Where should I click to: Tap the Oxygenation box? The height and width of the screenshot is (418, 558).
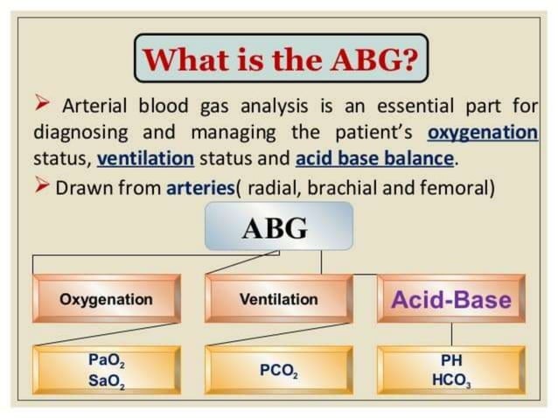click(x=106, y=299)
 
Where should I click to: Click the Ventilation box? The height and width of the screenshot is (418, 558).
click(x=279, y=299)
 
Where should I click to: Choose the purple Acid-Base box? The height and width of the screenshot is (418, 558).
click(x=450, y=299)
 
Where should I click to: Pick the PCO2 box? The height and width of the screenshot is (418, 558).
click(x=279, y=370)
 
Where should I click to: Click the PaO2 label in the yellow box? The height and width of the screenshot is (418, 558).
click(x=106, y=359)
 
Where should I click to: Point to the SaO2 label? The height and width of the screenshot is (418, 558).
click(x=106, y=380)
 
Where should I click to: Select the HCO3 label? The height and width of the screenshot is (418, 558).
click(x=451, y=380)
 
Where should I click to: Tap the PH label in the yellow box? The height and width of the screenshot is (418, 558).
click(x=451, y=359)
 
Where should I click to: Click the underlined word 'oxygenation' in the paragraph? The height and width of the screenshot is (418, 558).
click(x=483, y=133)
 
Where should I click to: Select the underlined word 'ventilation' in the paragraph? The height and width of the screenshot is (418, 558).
click(x=146, y=159)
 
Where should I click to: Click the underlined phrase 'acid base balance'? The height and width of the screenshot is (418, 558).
click(x=375, y=159)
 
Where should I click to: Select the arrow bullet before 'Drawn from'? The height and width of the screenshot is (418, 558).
click(x=43, y=185)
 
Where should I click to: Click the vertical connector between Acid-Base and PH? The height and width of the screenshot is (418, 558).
click(x=451, y=334)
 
